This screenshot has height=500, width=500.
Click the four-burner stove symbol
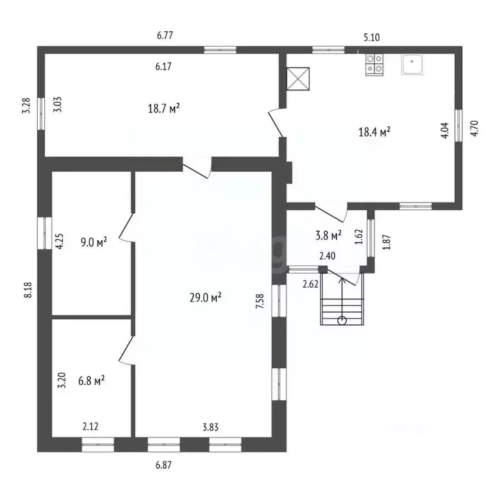tap(374, 64)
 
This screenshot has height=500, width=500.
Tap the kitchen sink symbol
tap(412, 64)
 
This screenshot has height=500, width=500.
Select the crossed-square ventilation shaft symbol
tap(298, 79)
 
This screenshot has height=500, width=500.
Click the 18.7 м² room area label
tap(163, 109)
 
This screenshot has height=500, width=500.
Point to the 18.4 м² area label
tap(375, 132)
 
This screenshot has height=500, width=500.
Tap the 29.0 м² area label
tap(206, 298)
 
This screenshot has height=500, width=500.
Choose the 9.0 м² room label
tap(94, 242)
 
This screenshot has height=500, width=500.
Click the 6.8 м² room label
tap(92, 380)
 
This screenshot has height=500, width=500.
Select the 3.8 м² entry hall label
tap(328, 236)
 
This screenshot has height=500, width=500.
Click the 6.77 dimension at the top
tap(165, 35)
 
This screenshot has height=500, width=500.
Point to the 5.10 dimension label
tap(372, 38)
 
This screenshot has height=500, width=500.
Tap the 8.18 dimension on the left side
tap(28, 290)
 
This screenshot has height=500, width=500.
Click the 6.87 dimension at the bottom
tap(163, 465)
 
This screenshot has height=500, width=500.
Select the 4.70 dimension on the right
tap(475, 128)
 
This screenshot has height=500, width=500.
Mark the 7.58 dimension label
tap(260, 301)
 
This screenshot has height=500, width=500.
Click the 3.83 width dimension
tap(211, 427)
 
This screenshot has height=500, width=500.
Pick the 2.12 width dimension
tap(90, 426)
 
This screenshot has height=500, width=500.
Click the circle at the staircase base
tap(342, 320)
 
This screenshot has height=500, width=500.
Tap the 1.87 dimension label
tap(387, 242)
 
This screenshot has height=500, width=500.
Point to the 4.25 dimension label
tap(60, 242)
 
